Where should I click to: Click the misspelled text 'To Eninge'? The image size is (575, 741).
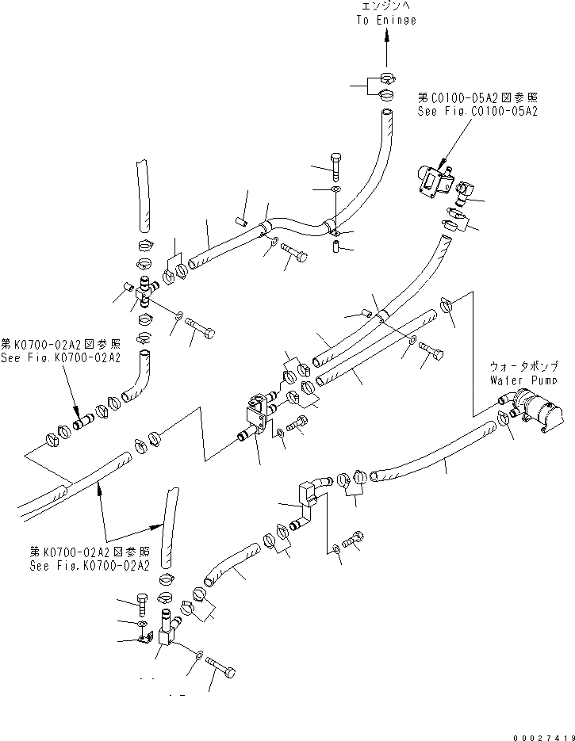click(x=385, y=20)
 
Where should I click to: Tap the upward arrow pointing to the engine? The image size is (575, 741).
click(x=386, y=48)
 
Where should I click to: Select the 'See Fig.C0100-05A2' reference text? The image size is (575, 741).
click(x=477, y=113)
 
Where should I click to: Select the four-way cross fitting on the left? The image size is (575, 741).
click(x=144, y=293)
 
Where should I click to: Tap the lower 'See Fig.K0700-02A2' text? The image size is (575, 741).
click(x=89, y=566)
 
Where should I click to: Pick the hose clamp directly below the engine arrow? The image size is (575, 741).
click(x=386, y=79)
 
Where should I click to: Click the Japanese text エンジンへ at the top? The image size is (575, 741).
click(x=386, y=6)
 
